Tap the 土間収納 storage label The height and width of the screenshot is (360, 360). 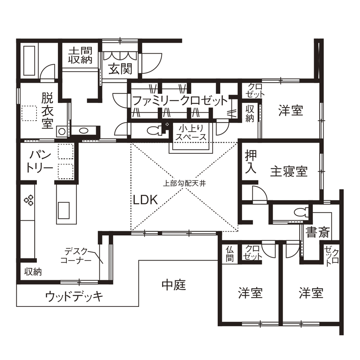pos(80,55)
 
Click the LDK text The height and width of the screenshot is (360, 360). pos(145,200)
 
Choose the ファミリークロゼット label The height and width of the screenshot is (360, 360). pos(179,102)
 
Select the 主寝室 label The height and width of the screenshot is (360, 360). pos(289,171)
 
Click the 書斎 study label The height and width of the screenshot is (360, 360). pos(318,233)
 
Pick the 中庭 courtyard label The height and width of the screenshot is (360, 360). pos(174,285)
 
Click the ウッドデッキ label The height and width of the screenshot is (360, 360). pos(74,297)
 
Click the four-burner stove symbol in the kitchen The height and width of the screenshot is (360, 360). pos(29,199)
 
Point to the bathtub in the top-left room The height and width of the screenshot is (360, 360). pos(30,60)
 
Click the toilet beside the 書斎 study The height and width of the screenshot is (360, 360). pos(303,211)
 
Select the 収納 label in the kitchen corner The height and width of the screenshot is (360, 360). pos(33,272)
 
